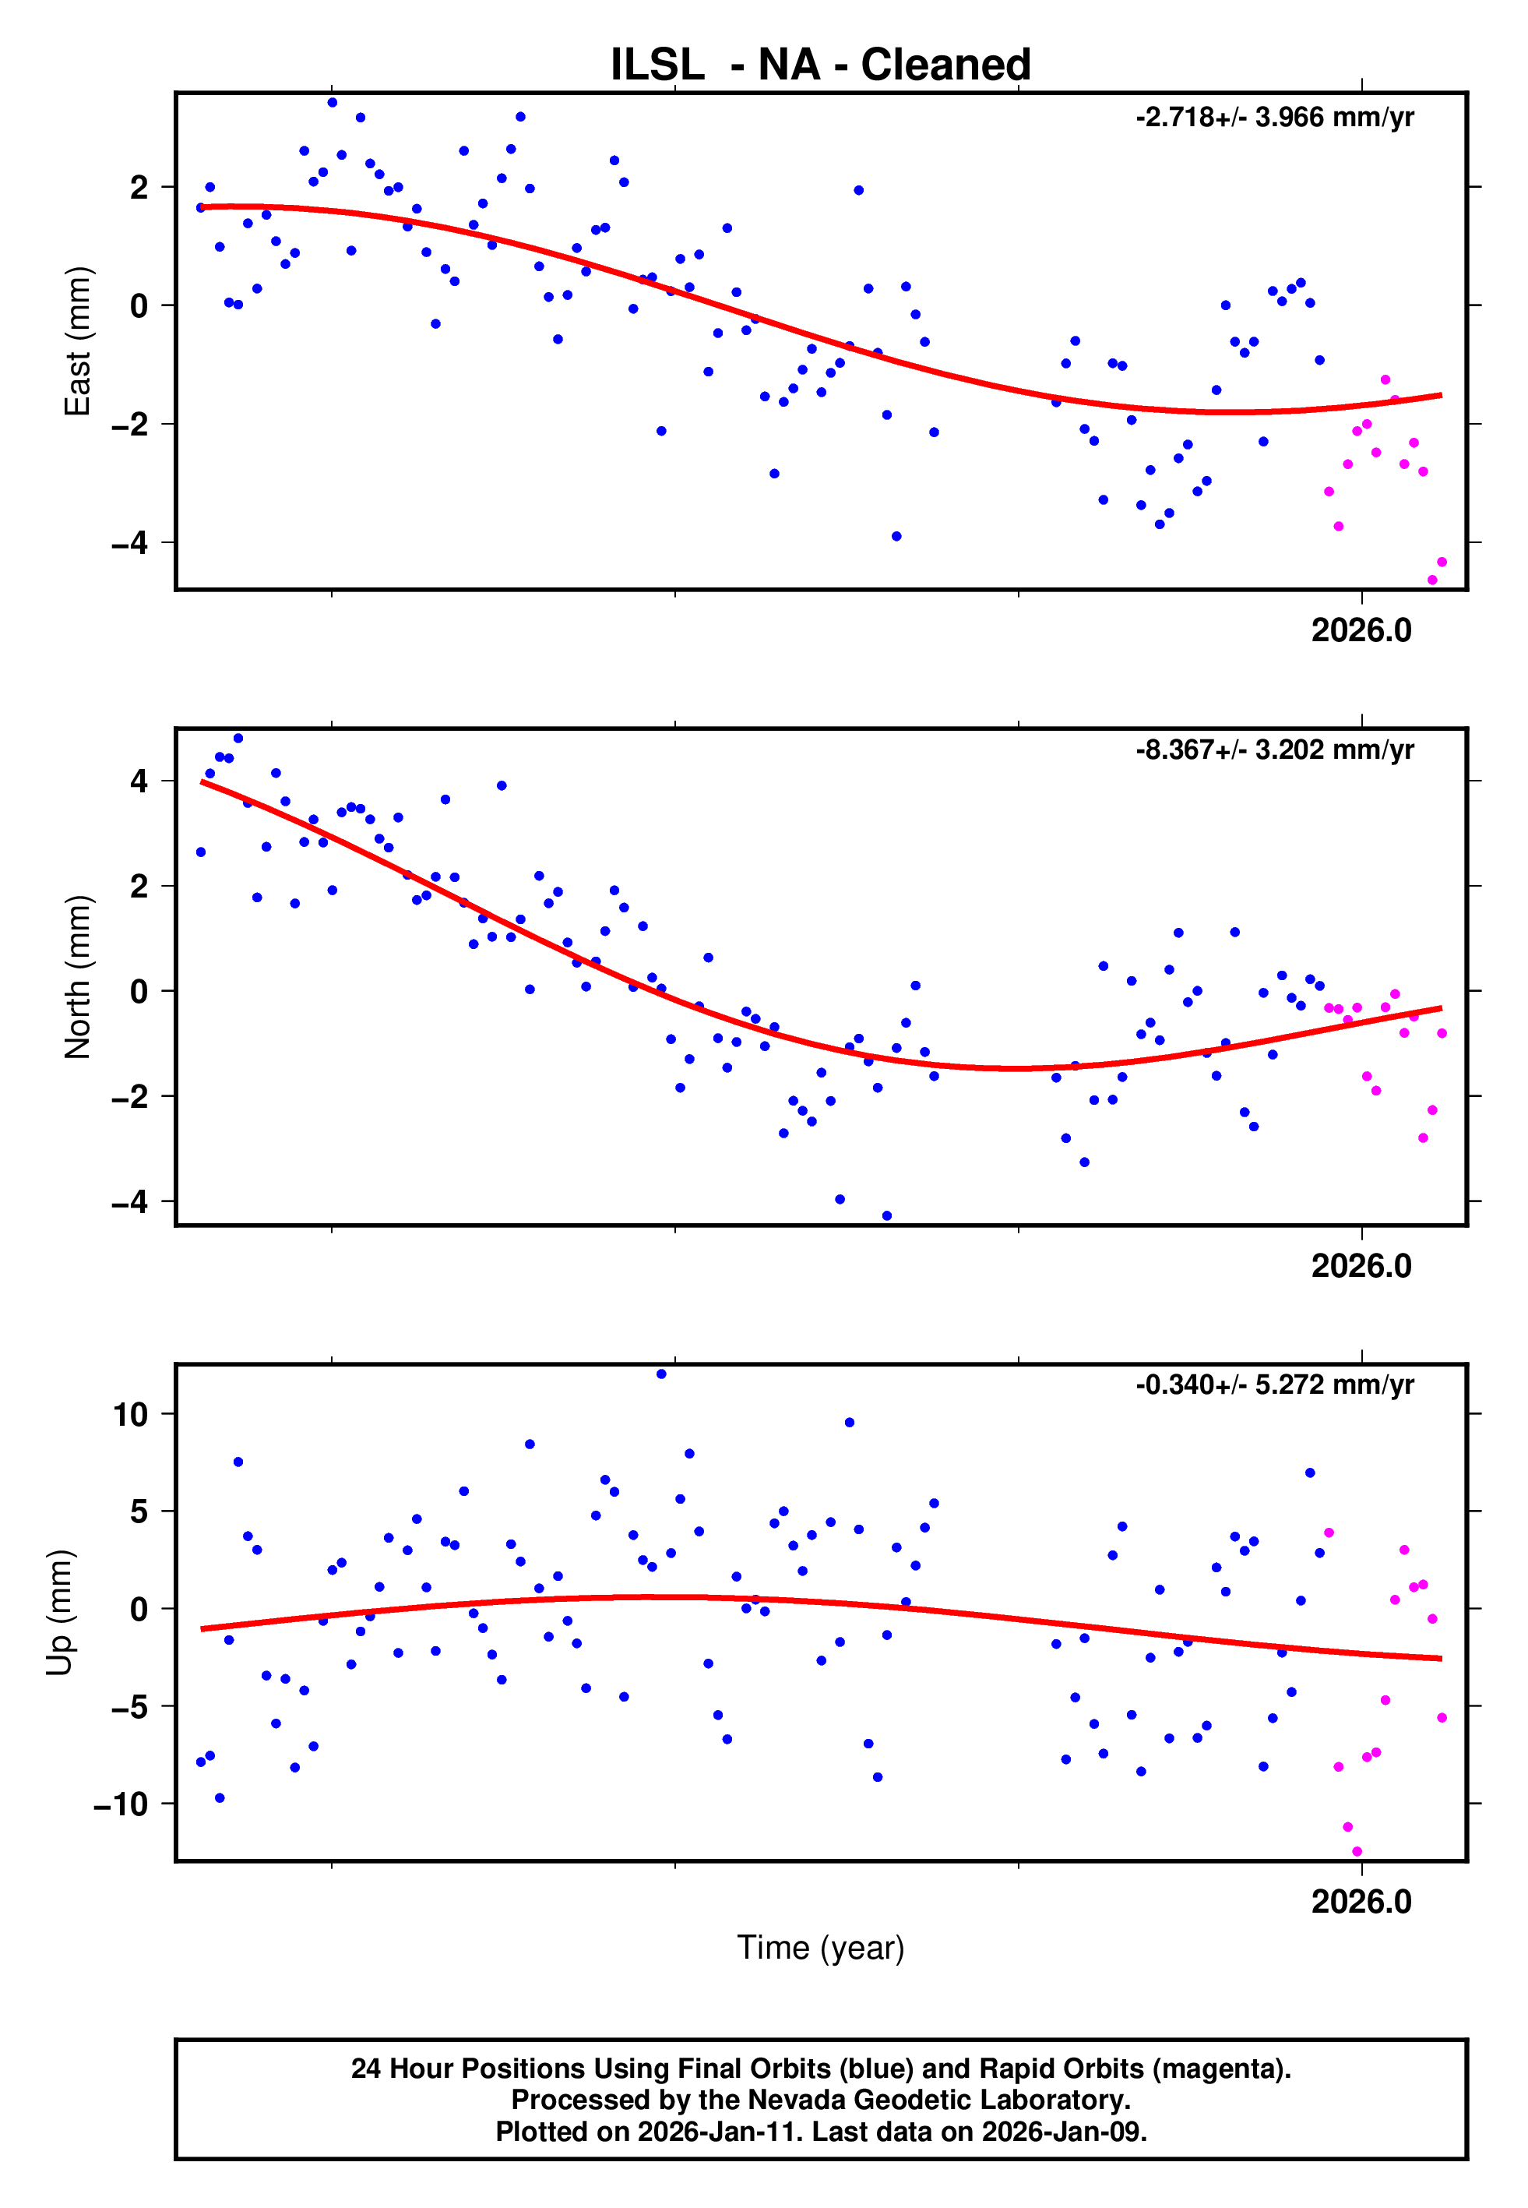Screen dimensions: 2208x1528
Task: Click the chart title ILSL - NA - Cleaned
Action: coord(821,65)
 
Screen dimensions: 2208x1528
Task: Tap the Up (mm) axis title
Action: coord(59,1613)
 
